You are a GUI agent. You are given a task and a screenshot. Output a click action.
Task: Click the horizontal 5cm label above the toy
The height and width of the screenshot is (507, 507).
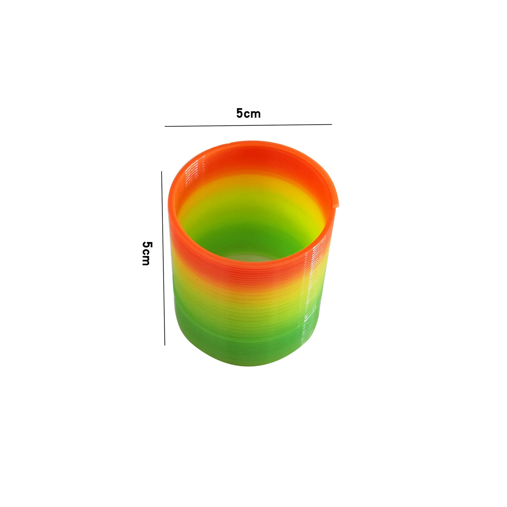click(248, 113)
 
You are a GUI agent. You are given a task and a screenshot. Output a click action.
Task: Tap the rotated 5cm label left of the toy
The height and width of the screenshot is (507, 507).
click(146, 253)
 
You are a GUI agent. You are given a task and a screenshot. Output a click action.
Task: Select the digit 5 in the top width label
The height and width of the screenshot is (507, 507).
click(240, 113)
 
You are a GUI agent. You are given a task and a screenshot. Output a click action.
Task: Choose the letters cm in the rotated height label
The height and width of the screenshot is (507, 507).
click(146, 257)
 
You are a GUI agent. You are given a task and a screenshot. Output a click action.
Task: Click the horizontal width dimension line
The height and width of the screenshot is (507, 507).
click(248, 125)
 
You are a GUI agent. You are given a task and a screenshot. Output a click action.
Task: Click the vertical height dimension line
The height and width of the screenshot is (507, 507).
click(163, 258)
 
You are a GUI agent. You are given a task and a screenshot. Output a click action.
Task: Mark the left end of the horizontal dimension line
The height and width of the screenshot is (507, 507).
click(165, 126)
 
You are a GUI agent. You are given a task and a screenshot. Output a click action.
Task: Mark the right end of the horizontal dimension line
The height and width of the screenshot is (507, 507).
click(332, 124)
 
